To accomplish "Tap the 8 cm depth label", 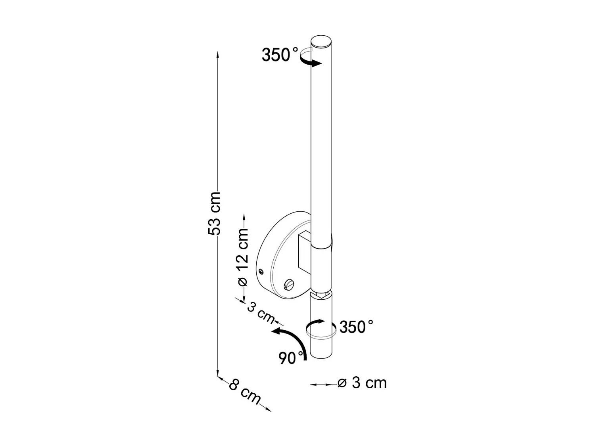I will point(244,391).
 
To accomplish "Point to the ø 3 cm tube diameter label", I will point(362,383).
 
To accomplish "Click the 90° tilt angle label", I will point(292,358).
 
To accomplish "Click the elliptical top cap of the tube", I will point(321,42).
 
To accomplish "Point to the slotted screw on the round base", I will point(289,284).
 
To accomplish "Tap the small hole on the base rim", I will point(261,271).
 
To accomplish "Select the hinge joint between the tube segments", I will point(321,294).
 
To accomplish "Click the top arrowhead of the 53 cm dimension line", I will point(217,54).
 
